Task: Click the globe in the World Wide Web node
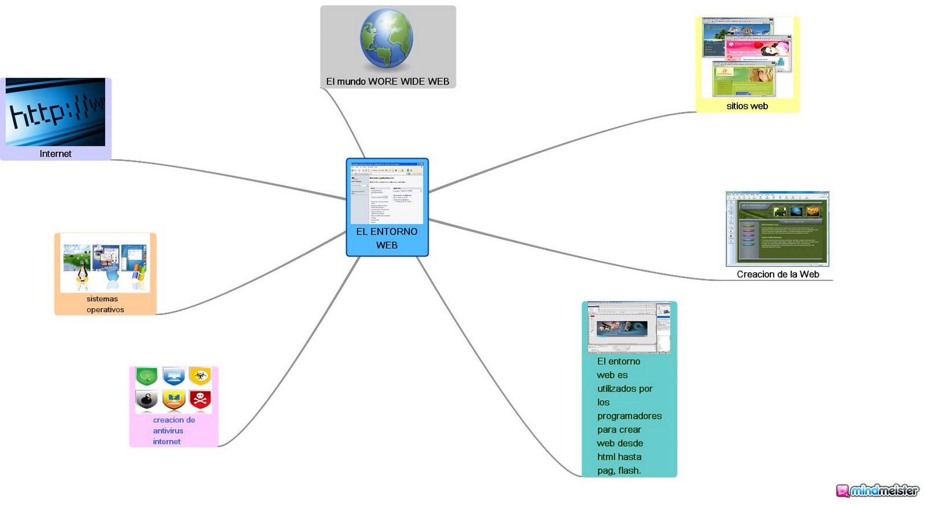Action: pyautogui.click(x=387, y=39)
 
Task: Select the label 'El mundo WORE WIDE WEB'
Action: pyautogui.click(x=388, y=82)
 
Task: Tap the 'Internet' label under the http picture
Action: pyautogui.click(x=56, y=153)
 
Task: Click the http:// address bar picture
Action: pyautogui.click(x=56, y=112)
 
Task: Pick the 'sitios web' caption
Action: pyautogui.click(x=747, y=106)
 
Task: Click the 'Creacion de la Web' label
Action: pyautogui.click(x=778, y=274)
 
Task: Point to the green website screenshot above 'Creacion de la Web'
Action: pyautogui.click(x=777, y=229)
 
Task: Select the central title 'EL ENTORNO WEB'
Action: pyautogui.click(x=387, y=238)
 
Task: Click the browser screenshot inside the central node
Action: pyautogui.click(x=387, y=192)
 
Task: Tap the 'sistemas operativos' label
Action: pyautogui.click(x=105, y=304)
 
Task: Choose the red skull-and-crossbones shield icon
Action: pyautogui.click(x=200, y=399)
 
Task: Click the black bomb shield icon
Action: pyautogui.click(x=147, y=400)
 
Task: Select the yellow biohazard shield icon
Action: pyautogui.click(x=200, y=376)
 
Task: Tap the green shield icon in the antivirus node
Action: pyautogui.click(x=147, y=376)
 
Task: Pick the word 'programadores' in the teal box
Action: pyautogui.click(x=629, y=416)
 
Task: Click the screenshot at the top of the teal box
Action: pyautogui.click(x=629, y=327)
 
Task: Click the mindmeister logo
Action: pyautogui.click(x=877, y=491)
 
